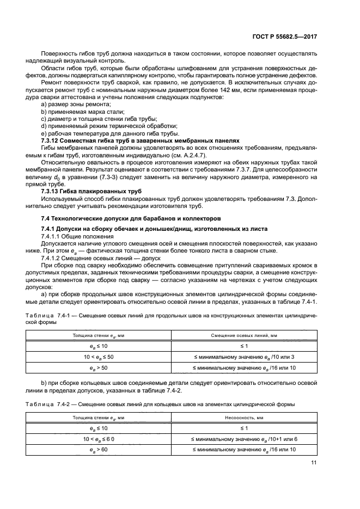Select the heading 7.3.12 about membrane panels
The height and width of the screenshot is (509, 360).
[x=141, y=140]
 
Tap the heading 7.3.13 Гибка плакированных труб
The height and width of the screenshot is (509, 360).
[x=91, y=192]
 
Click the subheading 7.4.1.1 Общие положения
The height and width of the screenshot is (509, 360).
[x=77, y=237]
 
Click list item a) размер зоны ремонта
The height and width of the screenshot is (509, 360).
[x=74, y=104]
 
